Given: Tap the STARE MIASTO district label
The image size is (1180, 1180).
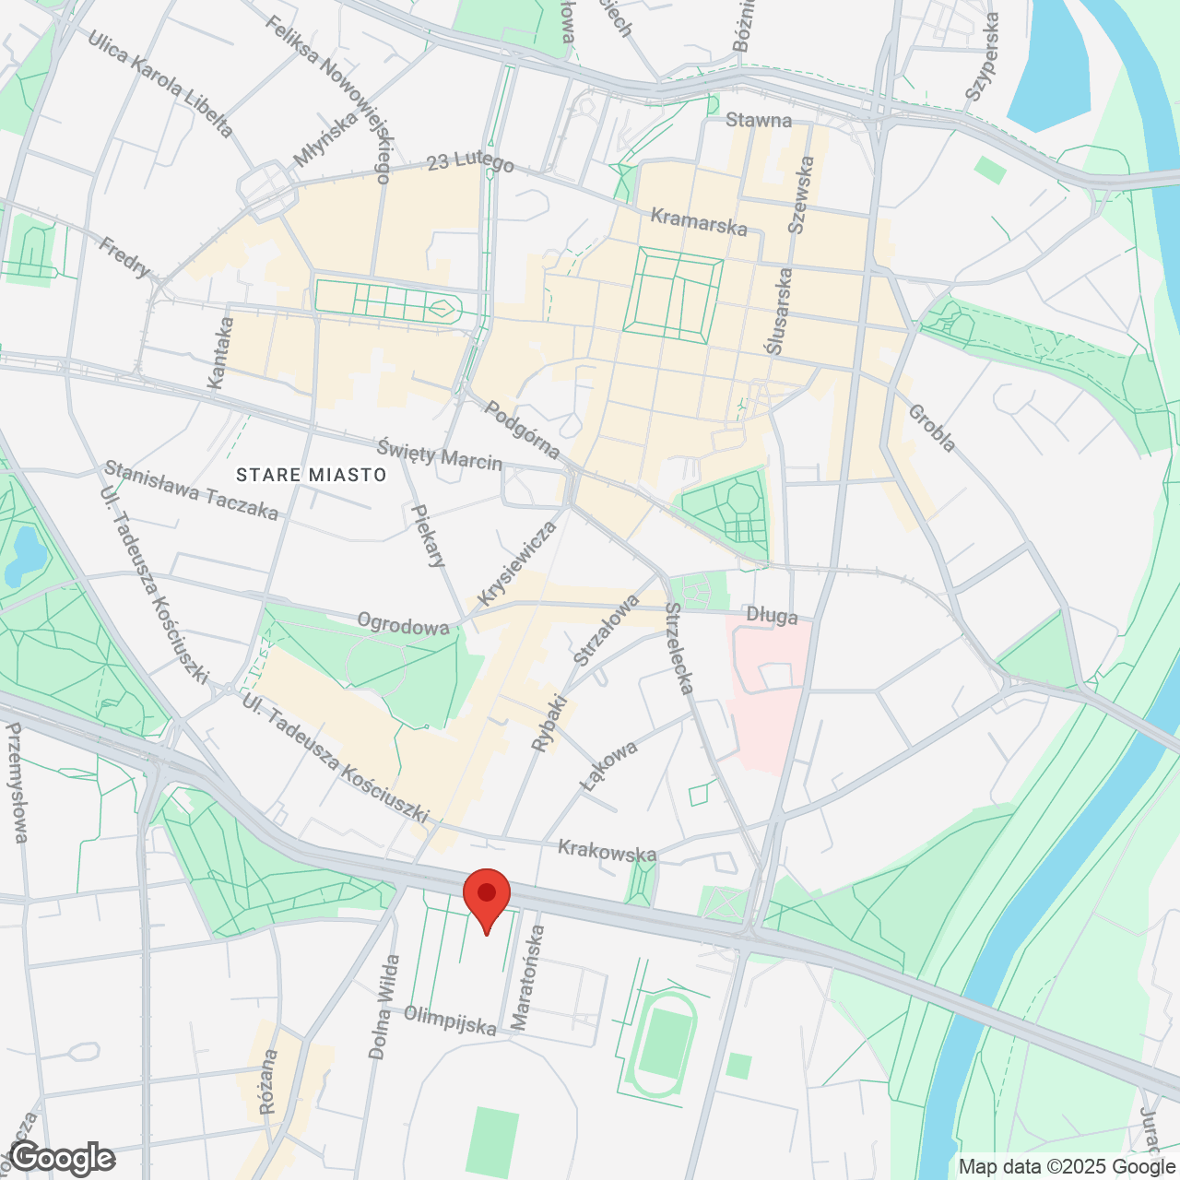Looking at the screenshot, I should click(311, 475).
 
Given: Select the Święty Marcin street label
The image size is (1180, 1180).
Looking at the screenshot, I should click(440, 454).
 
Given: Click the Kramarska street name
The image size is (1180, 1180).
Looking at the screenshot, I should click(699, 221).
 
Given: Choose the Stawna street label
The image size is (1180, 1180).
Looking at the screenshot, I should click(759, 120).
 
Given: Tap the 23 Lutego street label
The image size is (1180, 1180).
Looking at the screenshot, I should click(470, 162).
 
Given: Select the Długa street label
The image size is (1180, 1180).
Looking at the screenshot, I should click(772, 615).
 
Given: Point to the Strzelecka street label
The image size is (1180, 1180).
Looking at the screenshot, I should click(679, 648).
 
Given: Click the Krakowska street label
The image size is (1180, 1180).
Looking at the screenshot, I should click(607, 851).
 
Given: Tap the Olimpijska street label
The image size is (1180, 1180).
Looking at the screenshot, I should click(450, 1021).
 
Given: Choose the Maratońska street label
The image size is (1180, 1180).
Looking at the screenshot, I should click(527, 978).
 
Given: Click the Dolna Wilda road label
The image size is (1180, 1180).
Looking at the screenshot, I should click(384, 1007).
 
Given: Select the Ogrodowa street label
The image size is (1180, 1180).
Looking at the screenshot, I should click(403, 625).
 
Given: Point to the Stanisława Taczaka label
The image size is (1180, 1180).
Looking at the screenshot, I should click(191, 490).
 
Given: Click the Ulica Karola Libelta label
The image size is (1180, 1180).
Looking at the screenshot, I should click(160, 83).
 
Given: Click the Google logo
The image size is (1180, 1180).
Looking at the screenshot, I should click(63, 1158).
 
